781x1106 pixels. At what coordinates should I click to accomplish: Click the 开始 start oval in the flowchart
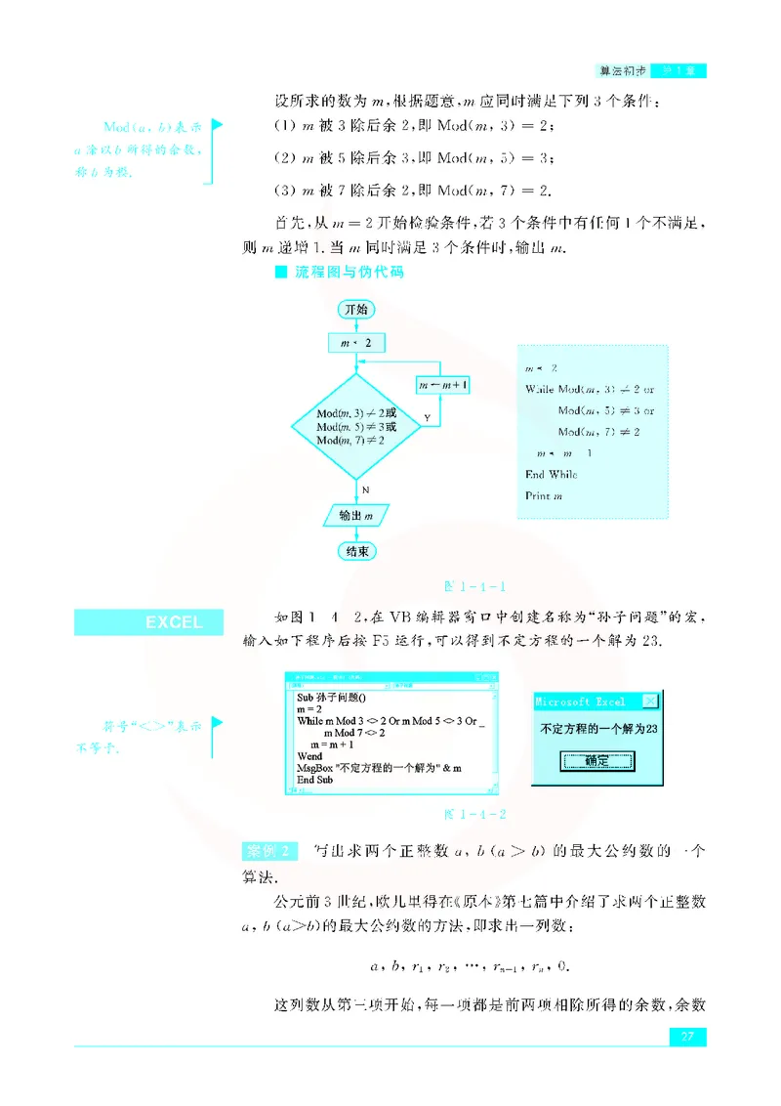[356, 309]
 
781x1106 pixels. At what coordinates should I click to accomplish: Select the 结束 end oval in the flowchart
[357, 552]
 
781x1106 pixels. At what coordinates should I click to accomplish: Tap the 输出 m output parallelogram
[357, 514]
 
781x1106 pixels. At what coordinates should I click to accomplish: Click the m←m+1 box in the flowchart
[442, 386]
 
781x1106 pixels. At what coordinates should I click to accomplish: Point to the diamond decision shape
[356, 427]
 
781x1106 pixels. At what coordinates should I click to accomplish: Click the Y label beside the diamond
[427, 417]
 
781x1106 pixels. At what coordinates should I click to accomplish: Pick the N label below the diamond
[365, 488]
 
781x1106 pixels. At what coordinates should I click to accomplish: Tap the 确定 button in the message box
[597, 761]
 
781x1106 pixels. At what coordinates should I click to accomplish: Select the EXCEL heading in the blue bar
[174, 622]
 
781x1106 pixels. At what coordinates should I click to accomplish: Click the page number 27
[686, 1037]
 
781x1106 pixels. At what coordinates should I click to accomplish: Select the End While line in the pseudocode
[551, 475]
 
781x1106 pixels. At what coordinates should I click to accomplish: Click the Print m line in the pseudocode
[544, 496]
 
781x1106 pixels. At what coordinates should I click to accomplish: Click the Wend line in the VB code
[309, 756]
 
